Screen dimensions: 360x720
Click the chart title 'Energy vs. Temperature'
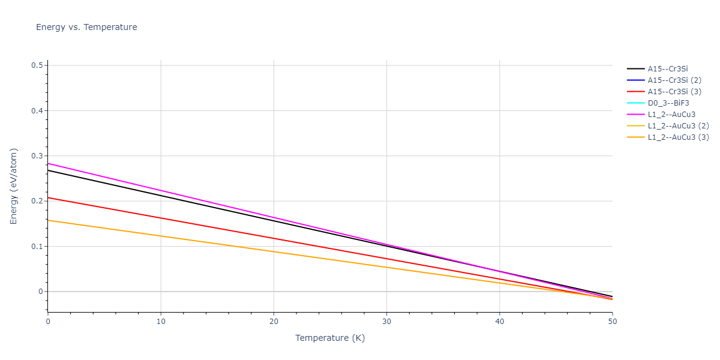pyautogui.click(x=86, y=27)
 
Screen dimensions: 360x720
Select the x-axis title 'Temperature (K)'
pyautogui.click(x=330, y=338)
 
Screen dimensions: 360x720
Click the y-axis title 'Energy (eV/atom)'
pyautogui.click(x=14, y=186)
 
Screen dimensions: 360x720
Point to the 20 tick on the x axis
pyautogui.click(x=274, y=322)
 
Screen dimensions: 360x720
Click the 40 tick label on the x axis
pyautogui.click(x=500, y=322)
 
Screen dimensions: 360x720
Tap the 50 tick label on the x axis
pyautogui.click(x=612, y=322)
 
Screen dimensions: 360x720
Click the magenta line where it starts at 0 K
pyautogui.click(x=49, y=163)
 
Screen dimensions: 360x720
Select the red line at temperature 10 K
pyautogui.click(x=161, y=218)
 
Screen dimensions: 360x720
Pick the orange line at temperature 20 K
pyautogui.click(x=274, y=251)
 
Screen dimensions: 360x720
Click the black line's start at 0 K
pyautogui.click(x=49, y=170)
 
